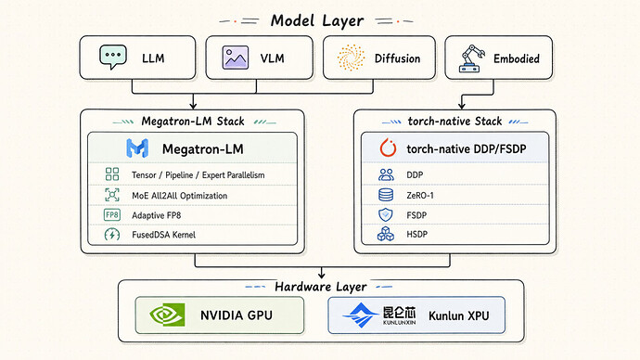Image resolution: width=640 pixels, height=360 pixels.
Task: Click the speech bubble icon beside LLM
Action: tap(113, 57)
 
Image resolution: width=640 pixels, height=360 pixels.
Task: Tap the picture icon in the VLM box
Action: tap(236, 58)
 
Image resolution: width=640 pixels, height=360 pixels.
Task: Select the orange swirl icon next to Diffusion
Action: tap(351, 58)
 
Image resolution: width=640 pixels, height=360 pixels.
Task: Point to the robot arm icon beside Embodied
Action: tap(472, 58)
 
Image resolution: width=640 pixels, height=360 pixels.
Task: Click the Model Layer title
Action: tap(317, 20)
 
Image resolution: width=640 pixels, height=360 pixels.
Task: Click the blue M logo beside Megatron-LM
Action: tap(137, 148)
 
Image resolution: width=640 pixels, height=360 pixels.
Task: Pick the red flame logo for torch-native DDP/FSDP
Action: tap(388, 148)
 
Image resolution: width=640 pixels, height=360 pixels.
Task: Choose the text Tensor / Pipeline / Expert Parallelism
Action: tap(198, 175)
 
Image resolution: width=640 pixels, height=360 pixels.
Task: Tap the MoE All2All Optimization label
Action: tap(180, 196)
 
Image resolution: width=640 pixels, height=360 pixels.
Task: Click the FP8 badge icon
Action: tap(112, 214)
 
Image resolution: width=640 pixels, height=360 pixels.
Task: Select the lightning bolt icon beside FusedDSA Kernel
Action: tap(112, 235)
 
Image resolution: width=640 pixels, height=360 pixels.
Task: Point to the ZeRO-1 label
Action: tap(420, 196)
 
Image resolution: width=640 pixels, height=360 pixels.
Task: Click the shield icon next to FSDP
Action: tap(386, 214)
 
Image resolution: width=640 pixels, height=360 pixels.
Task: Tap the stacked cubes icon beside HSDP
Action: tap(386, 235)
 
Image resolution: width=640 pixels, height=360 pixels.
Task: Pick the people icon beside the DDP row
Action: tap(386, 174)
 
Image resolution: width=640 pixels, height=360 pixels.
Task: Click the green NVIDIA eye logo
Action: tap(167, 315)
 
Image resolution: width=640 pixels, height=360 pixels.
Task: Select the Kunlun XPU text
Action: tap(459, 315)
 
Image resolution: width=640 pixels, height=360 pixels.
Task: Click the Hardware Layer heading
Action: tap(321, 287)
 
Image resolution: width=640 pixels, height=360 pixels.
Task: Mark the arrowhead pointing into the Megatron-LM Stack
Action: tap(193, 106)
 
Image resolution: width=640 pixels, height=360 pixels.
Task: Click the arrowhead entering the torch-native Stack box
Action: tap(462, 106)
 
